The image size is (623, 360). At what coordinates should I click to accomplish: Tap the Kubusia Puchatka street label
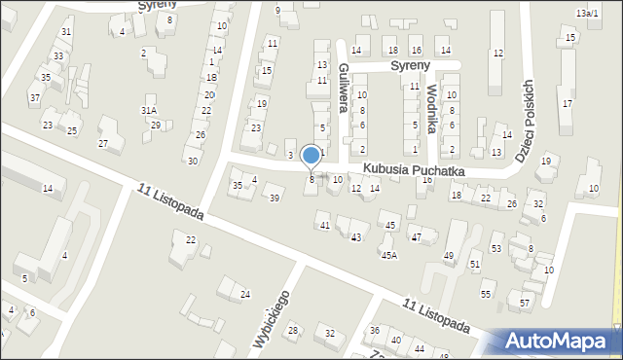pyautogui.click(x=414, y=170)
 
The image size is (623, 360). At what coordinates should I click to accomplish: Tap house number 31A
pyautogui.click(x=149, y=111)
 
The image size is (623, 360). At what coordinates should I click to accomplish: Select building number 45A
pyautogui.click(x=388, y=255)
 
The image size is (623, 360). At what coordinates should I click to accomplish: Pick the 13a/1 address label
pyautogui.click(x=586, y=13)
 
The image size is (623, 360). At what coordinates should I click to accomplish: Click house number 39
pyautogui.click(x=275, y=198)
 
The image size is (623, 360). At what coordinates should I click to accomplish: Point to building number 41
pyautogui.click(x=325, y=226)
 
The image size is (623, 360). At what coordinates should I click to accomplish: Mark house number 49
pyautogui.click(x=449, y=256)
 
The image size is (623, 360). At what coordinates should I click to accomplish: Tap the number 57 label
pyautogui.click(x=525, y=304)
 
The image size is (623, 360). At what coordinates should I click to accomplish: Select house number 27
pyautogui.click(x=103, y=144)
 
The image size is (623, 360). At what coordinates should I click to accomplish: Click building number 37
pyautogui.click(x=35, y=97)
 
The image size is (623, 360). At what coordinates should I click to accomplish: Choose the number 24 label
pyautogui.click(x=245, y=294)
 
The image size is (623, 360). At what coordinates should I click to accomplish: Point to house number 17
pyautogui.click(x=567, y=103)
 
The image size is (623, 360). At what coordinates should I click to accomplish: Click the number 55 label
pyautogui.click(x=486, y=294)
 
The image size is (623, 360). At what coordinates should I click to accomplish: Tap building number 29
pyautogui.click(x=155, y=126)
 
